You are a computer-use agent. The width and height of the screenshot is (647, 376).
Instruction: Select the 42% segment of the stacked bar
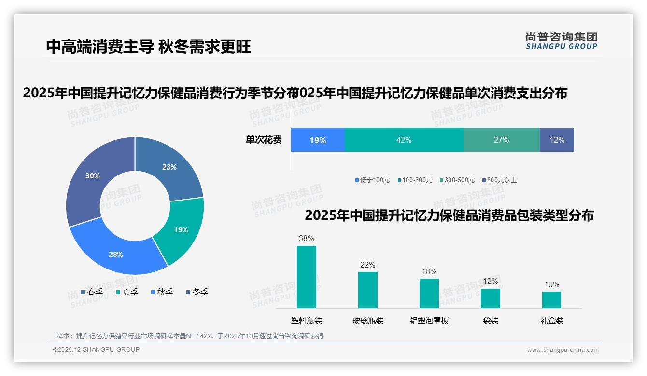point(404,140)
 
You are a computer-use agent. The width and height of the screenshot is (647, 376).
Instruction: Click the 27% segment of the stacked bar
point(501,140)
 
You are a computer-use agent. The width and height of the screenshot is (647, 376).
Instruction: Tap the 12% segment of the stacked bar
point(557,140)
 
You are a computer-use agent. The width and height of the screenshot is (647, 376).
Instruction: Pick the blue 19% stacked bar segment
point(318,140)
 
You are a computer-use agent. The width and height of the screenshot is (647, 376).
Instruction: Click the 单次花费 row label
point(264,140)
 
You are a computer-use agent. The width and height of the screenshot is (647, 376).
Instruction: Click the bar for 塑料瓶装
point(307,277)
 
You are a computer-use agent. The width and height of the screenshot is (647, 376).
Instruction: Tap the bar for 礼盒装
point(551,299)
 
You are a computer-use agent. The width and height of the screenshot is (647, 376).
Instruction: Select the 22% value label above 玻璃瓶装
point(367,265)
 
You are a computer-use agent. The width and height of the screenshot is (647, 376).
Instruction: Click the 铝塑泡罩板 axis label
point(429,321)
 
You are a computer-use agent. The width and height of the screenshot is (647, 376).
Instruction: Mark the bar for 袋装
point(490,298)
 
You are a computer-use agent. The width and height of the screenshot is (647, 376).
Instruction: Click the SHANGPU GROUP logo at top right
point(562,41)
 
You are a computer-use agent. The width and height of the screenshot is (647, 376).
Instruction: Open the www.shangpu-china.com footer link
point(563,350)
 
